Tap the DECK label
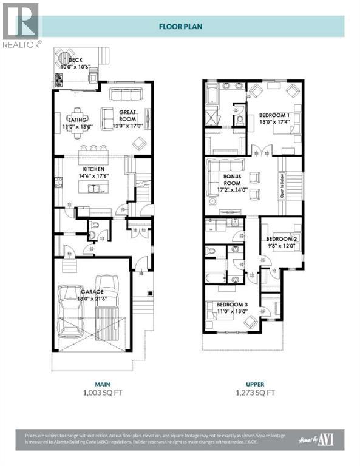click(x=75, y=60)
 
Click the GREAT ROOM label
click(x=128, y=112)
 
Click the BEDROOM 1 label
click(x=274, y=115)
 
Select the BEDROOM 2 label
click(x=281, y=239)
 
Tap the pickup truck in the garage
click(x=107, y=306)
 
